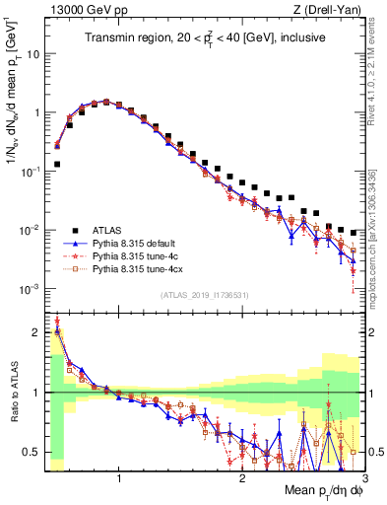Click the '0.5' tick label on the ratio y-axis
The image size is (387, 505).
31,453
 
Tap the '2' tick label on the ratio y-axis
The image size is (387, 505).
35,331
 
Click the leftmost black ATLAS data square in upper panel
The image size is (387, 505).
57,165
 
